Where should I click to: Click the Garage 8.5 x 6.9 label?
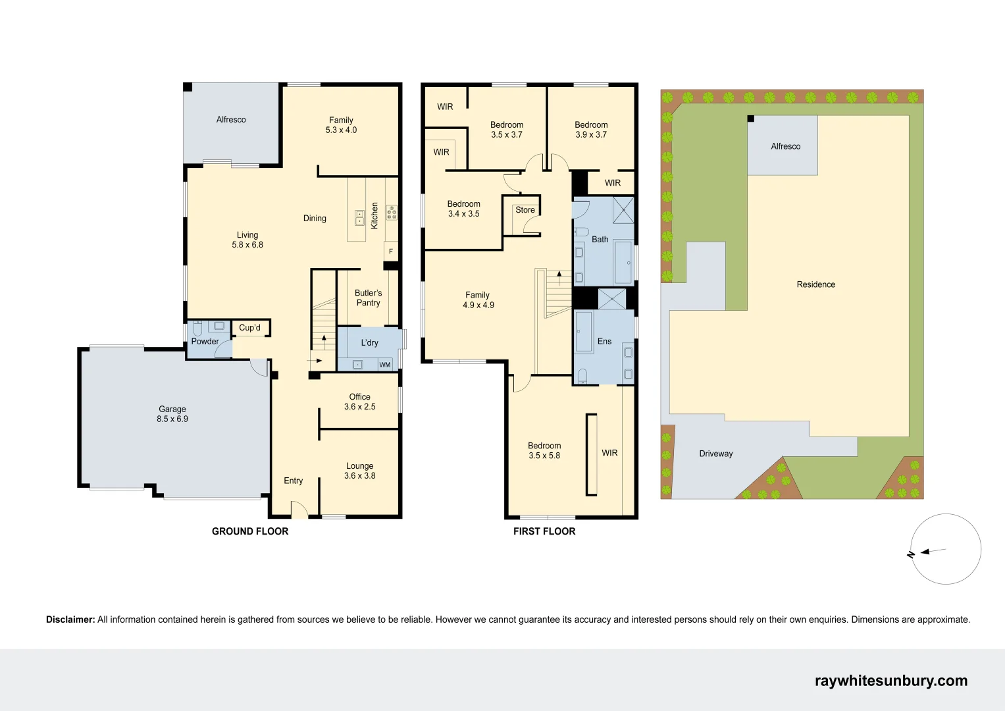[x=172, y=414]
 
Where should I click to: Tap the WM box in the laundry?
[x=385, y=365]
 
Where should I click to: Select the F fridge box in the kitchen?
[x=391, y=251]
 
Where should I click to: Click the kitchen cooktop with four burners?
[x=392, y=212]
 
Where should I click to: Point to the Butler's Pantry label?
[x=368, y=298]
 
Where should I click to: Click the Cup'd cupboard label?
[x=249, y=328]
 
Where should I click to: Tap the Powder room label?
[x=205, y=342]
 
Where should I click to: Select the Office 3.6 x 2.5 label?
[x=359, y=402]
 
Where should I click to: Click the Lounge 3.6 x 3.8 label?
[x=359, y=471]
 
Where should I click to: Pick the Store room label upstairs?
[x=525, y=210]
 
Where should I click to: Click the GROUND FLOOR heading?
[x=250, y=531]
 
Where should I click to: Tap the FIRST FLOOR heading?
[x=544, y=531]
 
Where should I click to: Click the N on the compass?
[x=911, y=554]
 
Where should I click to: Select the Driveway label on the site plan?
[x=715, y=454]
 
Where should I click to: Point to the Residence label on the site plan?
[x=815, y=284]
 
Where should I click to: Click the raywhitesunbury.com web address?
[x=891, y=681]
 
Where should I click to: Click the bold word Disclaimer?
[x=70, y=619]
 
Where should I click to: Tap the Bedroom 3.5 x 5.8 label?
[x=544, y=450]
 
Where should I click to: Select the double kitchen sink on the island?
[x=359, y=217]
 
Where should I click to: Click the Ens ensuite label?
[x=604, y=341]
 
